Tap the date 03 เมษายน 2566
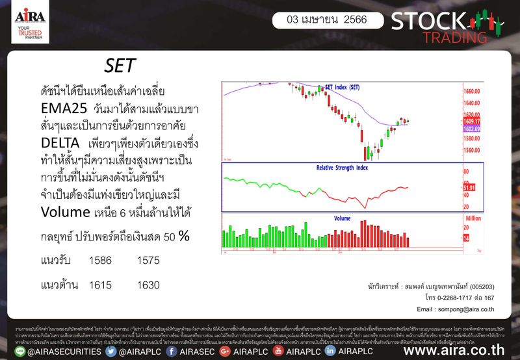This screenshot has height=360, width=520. tap(321, 20)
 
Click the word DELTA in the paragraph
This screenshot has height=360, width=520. tap(59, 142)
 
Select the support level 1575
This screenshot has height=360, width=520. tap(149, 260)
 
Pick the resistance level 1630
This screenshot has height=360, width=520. tap(149, 285)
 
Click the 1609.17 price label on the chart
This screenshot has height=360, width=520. tap(472, 122)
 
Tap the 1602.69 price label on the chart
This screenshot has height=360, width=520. tap(472, 129)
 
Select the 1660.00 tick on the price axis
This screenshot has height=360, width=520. tap(472, 92)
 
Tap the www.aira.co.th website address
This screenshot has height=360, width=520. tap(455, 351)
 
